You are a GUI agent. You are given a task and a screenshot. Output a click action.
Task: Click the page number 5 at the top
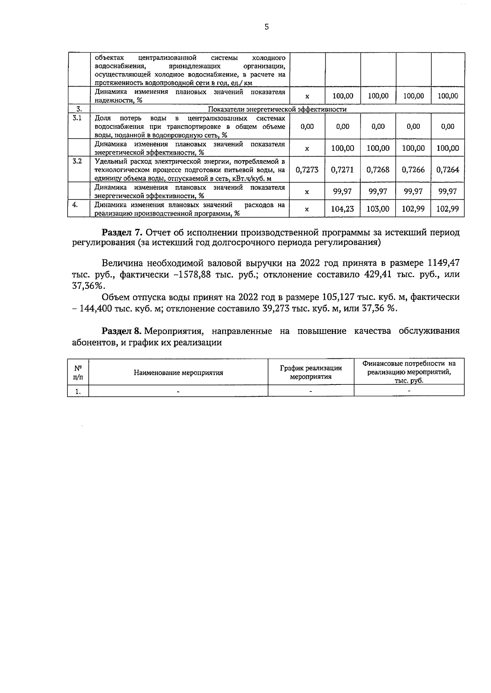point(267,27)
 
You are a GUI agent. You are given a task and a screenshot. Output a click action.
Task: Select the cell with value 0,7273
point(307,170)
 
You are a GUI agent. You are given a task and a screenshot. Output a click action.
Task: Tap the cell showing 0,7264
point(448,170)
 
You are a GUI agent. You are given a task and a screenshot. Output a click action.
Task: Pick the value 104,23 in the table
point(342,209)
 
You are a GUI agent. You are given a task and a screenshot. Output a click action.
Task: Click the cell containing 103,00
point(378,209)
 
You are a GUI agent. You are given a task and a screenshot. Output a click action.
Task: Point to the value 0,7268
point(378,170)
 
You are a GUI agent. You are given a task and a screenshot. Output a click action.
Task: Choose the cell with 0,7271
point(342,170)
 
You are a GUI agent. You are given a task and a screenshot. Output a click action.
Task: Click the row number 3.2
point(77,161)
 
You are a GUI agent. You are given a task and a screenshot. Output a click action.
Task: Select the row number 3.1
point(77,118)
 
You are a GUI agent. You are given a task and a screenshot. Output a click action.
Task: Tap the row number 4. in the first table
point(75,205)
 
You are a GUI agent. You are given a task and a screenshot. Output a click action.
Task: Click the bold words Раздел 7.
point(122,232)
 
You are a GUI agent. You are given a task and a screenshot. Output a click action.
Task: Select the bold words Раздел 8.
point(122,331)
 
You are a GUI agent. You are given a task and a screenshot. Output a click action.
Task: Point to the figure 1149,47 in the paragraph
point(444,262)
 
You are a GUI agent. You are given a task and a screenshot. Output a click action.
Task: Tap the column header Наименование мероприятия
point(178,373)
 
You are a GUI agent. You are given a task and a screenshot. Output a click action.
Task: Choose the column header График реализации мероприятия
point(311,372)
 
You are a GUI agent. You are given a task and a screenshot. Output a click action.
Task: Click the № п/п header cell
point(78,372)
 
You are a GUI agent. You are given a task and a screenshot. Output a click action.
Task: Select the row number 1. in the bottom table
point(78,391)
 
